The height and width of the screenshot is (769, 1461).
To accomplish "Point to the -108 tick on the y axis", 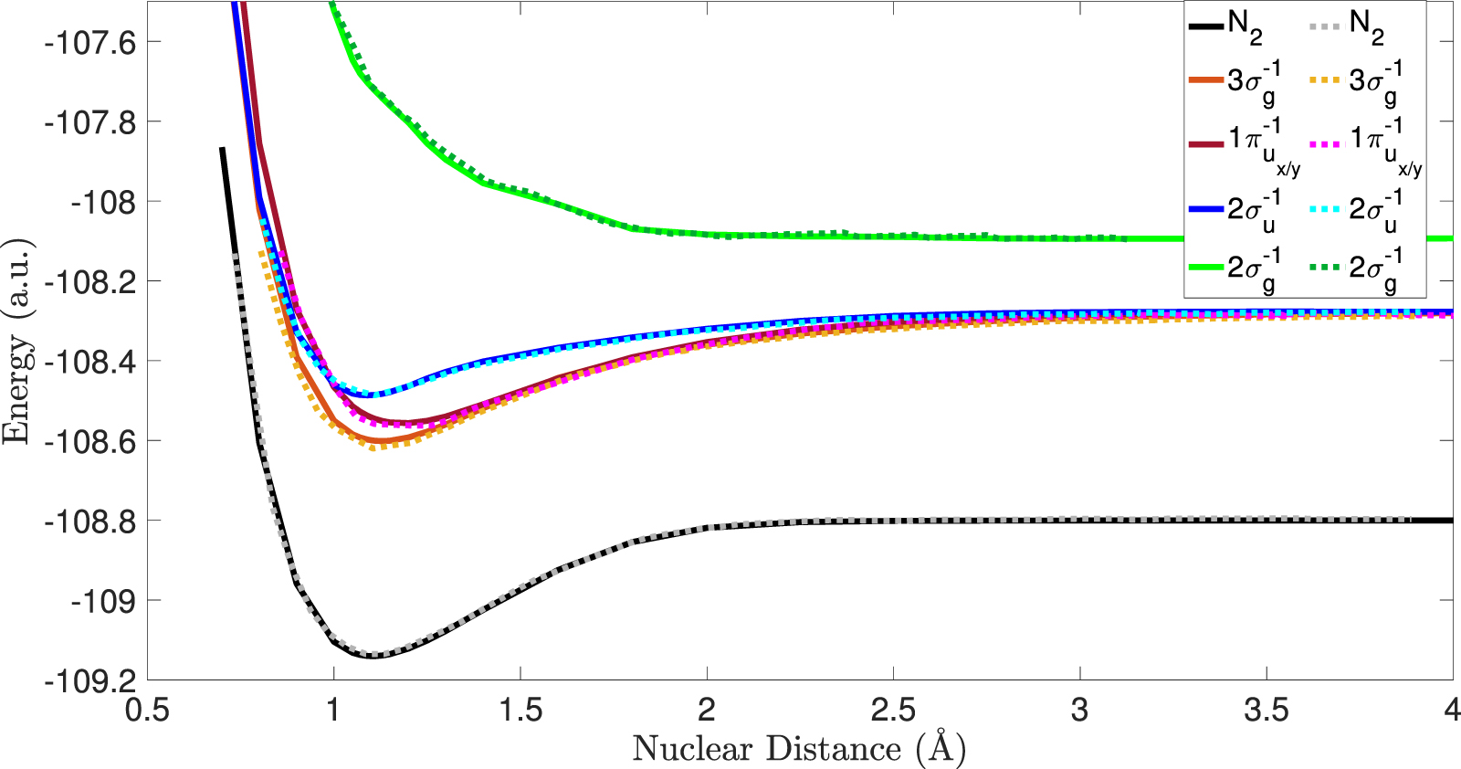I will tap(103, 202).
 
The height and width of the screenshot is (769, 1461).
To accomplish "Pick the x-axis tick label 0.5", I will tap(148, 710).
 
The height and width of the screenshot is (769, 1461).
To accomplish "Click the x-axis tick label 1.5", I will tap(520, 710).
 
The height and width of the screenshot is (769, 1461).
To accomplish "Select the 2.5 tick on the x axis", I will tap(893, 710).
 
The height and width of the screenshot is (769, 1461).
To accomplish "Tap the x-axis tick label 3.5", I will tap(1267, 710).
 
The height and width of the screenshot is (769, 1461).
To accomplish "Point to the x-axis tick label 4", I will tap(1452, 710).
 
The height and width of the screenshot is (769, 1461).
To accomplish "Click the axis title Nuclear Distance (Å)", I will tap(799, 749).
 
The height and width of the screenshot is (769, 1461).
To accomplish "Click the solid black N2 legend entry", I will tap(1227, 26).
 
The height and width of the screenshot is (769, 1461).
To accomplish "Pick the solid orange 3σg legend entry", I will tap(1233, 82).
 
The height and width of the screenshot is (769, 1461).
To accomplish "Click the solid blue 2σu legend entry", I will tap(1233, 209).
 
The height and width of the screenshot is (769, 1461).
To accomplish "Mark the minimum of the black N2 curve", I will tap(374, 656).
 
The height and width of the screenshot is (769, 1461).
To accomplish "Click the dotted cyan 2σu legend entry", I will tap(1355, 209).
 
